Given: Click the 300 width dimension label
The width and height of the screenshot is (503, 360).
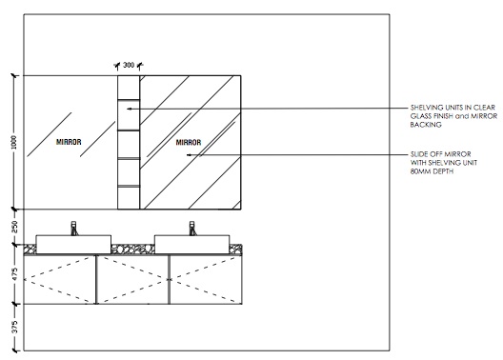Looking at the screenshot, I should click(x=128, y=66).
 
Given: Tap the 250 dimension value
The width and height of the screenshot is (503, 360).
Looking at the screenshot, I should click(x=12, y=228).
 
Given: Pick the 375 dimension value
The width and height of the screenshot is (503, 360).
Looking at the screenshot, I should click(x=12, y=326).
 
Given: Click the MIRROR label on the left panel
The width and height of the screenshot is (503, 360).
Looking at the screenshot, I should click(x=68, y=142).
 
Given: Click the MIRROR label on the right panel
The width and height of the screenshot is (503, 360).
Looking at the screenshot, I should click(x=191, y=142).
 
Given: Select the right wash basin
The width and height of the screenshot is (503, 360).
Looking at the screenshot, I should click(x=191, y=242).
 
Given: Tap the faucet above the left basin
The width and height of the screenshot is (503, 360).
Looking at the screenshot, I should click(x=72, y=228).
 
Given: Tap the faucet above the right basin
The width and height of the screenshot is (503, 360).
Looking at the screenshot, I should click(x=191, y=228).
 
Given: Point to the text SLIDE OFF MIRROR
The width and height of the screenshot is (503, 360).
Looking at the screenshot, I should click(x=433, y=154).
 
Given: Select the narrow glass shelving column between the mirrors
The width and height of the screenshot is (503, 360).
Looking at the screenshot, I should click(x=128, y=141).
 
